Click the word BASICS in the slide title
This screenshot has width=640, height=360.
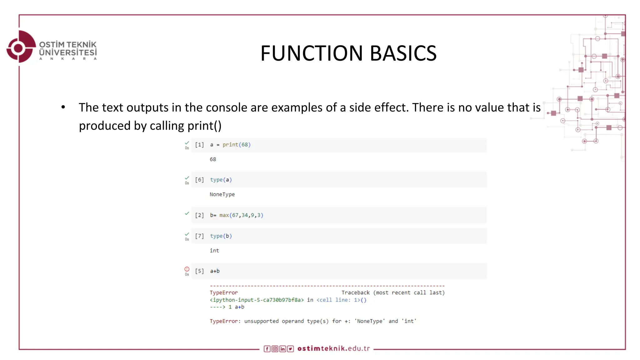point(403,53)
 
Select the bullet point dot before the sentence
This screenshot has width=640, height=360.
point(63,107)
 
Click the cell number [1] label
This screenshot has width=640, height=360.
point(199,145)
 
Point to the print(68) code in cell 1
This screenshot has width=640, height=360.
point(236,145)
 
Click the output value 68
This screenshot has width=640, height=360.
point(213,159)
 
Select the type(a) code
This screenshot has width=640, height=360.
point(221,180)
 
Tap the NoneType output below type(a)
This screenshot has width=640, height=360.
point(222,194)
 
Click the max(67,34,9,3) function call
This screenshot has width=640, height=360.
point(241,215)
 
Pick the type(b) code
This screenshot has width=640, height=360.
point(221,236)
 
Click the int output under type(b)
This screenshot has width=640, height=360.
point(214,250)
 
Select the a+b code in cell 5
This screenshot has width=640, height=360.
point(215,271)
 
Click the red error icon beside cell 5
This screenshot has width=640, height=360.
point(187,269)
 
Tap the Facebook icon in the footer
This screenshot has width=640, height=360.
point(267,349)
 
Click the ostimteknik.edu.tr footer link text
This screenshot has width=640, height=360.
point(333,348)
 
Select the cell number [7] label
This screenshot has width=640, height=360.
point(199,236)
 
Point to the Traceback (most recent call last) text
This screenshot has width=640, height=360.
point(393,292)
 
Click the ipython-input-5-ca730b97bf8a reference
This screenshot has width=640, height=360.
point(257,300)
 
